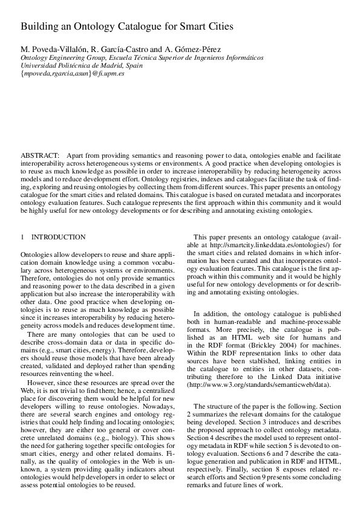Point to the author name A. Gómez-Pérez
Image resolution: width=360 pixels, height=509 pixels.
pyautogui.click(x=183, y=49)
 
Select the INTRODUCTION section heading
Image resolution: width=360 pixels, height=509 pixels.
pyautogui.click(x=58, y=237)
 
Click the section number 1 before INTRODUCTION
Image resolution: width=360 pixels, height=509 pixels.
pyautogui.click(x=22, y=237)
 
